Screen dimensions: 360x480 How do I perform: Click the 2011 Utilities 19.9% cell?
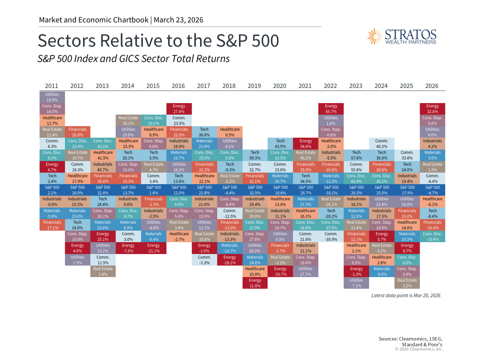coord(52,97)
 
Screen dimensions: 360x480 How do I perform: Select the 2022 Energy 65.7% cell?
coord(331,109)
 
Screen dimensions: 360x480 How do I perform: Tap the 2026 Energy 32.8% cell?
coord(432,109)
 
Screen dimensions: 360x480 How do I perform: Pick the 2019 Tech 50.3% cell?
coord(255,155)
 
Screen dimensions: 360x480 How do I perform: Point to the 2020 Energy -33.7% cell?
coord(280,271)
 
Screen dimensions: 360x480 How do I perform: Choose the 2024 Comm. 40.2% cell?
coord(381,143)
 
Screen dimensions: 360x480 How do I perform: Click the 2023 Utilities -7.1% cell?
coord(356,283)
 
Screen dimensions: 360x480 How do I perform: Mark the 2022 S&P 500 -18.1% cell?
coord(331,190)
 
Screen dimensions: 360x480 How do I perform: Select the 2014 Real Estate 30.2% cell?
coord(128,120)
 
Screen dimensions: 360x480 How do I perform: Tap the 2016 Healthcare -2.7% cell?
coord(178,236)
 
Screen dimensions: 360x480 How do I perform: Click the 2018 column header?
coord(229,86)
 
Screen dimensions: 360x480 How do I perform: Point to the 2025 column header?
coord(407,86)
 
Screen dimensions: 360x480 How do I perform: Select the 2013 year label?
coord(102,86)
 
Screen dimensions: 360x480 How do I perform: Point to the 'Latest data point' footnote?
coord(405,295)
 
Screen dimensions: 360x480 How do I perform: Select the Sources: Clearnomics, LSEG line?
coord(410,339)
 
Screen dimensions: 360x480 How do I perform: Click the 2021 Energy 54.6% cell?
coord(305,143)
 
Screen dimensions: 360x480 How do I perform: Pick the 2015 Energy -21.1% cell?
coord(153,248)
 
